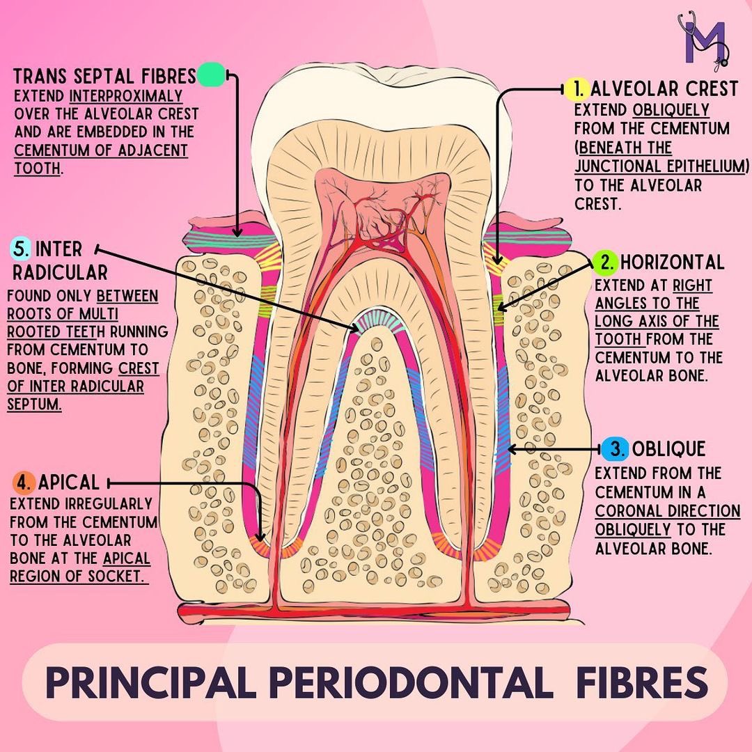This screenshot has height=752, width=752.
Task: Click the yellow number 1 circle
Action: pos(577,88)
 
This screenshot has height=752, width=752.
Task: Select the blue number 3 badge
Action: pos(615,449)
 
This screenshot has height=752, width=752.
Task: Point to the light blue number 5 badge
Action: pos(21,249)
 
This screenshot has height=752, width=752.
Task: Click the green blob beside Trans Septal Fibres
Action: pos(211,75)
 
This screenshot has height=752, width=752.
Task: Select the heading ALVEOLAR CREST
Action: pos(664,89)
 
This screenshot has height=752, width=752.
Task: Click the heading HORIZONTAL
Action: pos(672,263)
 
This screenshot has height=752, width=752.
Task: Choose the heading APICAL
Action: pos(68,482)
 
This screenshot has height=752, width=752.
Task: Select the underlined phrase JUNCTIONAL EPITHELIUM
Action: pos(660,166)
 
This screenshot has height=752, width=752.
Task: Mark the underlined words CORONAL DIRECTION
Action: pos(667,510)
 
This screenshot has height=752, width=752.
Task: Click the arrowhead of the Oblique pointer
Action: pos(511,449)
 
